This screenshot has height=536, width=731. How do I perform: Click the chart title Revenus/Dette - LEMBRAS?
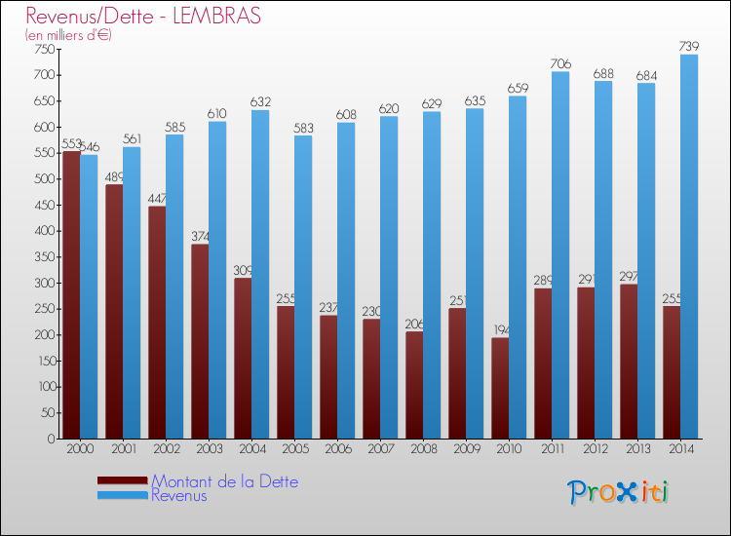tap(143, 17)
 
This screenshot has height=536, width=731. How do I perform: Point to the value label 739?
tap(689, 47)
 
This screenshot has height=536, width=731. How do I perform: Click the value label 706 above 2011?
tap(560, 64)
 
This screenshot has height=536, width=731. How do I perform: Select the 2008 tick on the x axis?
tap(423, 449)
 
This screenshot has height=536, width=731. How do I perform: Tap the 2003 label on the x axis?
tap(209, 449)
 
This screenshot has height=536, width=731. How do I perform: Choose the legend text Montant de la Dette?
tap(225, 481)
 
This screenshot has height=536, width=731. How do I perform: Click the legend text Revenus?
tap(179, 495)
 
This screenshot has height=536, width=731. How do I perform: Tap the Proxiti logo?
tap(619, 492)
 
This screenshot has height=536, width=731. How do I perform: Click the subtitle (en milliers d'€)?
tap(69, 35)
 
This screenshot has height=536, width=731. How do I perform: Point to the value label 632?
tap(260, 102)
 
